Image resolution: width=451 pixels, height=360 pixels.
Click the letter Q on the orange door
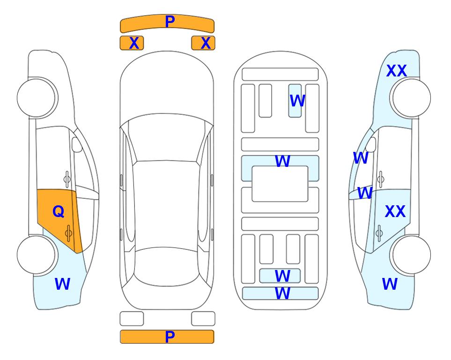click(x=59, y=212)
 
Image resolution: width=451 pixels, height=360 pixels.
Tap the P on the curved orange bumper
click(x=170, y=21)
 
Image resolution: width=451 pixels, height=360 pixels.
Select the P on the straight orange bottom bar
click(x=170, y=337)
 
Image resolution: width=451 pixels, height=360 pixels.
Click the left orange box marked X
click(x=132, y=43)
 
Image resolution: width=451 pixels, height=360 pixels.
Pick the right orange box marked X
click(x=203, y=43)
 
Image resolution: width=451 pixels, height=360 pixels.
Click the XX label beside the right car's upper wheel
click(x=397, y=71)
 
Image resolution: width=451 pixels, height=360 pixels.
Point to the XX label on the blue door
click(x=395, y=211)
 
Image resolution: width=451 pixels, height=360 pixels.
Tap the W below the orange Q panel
click(x=62, y=284)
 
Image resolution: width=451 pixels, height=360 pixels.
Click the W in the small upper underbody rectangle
click(x=297, y=101)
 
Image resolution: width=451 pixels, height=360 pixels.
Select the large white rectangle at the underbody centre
click(x=280, y=184)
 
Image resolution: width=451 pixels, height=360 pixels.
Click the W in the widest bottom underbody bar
click(x=282, y=293)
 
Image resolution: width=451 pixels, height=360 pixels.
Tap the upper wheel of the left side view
click(x=36, y=98)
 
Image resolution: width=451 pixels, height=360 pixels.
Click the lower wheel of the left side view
click(x=36, y=255)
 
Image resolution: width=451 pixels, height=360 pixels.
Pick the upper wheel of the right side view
click(x=412, y=98)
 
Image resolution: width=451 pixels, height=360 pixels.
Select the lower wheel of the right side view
click(x=412, y=255)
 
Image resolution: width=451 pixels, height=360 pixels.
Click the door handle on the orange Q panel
click(x=68, y=233)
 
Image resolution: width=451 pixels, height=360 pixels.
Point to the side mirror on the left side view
click(x=77, y=144)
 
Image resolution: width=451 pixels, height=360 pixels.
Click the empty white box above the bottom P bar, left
click(x=132, y=319)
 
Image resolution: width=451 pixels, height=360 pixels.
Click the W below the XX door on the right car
click(x=390, y=284)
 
